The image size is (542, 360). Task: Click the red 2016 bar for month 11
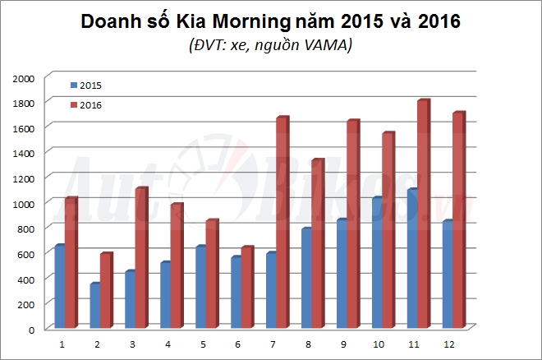pyautogui.click(x=422, y=214)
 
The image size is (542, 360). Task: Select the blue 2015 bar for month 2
pyautogui.click(x=94, y=306)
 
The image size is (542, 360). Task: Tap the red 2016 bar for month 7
pyautogui.click(x=282, y=222)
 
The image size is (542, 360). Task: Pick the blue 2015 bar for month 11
pyautogui.click(x=411, y=259)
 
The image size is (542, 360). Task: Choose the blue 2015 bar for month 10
pyautogui.click(x=376, y=263)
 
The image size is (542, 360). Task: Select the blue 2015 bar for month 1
pyautogui.click(x=59, y=287)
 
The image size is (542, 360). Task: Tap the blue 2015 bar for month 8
pyautogui.click(x=305, y=279)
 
